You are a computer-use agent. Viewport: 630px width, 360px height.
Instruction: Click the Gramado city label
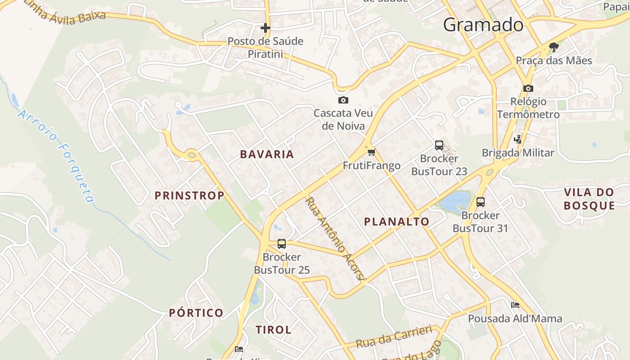coord(483,25)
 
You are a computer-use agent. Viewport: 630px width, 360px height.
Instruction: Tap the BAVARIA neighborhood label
coord(267,154)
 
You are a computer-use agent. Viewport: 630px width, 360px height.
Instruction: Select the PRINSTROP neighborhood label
coord(189,195)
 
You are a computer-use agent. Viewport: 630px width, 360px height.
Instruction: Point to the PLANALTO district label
coord(396,221)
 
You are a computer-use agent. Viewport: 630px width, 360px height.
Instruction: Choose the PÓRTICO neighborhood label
coord(196,313)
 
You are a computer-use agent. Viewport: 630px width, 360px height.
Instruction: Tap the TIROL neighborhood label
coord(274,329)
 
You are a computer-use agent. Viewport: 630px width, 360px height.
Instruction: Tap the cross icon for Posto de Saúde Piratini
coord(265,28)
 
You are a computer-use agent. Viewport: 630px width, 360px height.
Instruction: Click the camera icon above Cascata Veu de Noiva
coord(343,100)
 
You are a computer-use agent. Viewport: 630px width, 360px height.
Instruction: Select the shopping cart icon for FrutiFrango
coord(371,153)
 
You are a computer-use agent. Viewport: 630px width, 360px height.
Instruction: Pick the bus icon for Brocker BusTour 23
coord(439,145)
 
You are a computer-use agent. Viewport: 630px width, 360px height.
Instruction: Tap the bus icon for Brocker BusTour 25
coord(282,244)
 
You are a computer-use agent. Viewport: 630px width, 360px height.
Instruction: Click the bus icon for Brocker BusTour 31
coord(481,202)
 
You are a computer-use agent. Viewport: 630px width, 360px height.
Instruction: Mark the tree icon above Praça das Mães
coord(554,47)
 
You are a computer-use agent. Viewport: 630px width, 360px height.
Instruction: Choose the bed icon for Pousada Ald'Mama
coord(515,305)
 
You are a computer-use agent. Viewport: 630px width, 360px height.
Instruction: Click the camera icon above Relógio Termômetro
coord(528,88)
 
